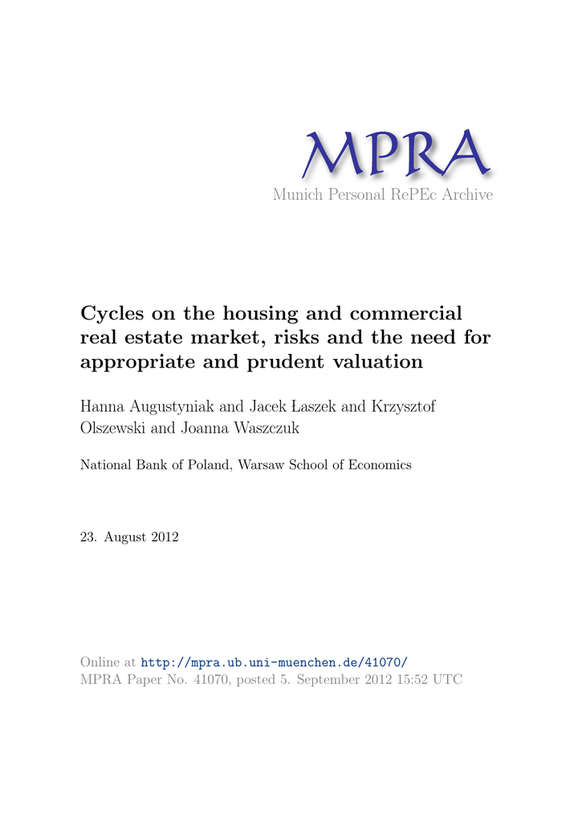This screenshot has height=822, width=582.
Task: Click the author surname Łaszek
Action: pos(310,407)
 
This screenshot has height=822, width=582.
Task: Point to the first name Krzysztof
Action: pos(404,407)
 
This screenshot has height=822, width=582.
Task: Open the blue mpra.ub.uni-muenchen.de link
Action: pos(275,662)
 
